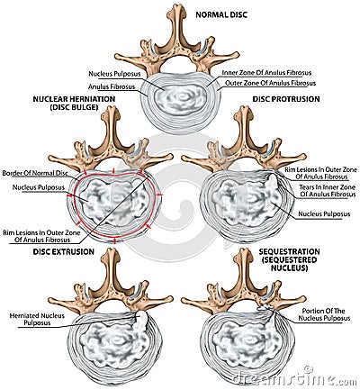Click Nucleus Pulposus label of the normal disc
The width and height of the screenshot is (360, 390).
(x=112, y=72)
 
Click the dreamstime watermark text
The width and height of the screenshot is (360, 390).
(x=299, y=379)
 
